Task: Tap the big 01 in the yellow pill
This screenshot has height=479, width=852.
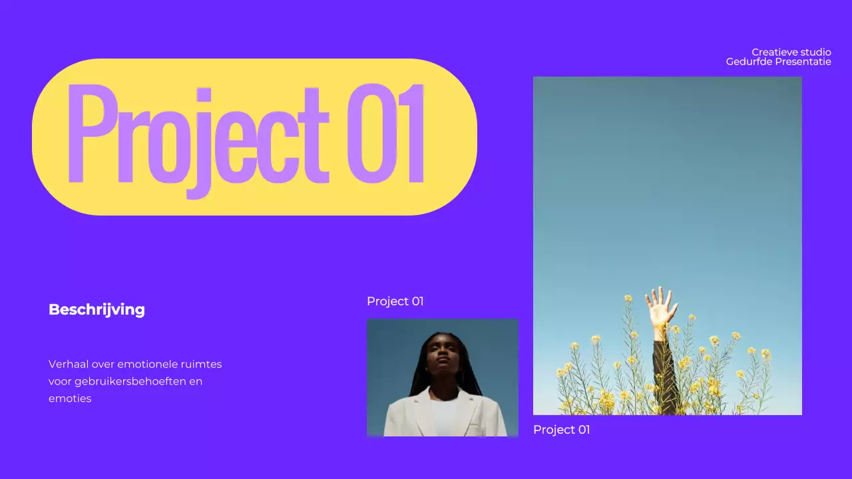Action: pos(386,135)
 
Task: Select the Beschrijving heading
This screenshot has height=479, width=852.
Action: pos(97,309)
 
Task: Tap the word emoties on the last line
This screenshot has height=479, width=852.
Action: pos(70,399)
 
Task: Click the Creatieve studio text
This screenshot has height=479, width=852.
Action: pos(791,52)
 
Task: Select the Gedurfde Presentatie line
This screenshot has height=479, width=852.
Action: pos(778,62)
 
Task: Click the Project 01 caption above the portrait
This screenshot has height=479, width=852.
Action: pos(395,301)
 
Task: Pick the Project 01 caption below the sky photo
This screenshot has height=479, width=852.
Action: pos(561,430)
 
